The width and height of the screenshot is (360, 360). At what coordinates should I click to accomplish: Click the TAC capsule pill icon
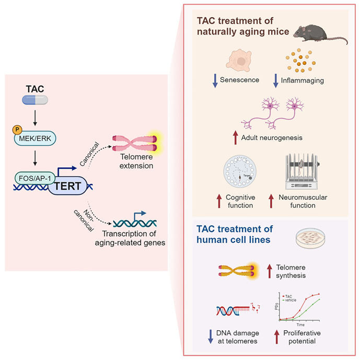36,100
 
